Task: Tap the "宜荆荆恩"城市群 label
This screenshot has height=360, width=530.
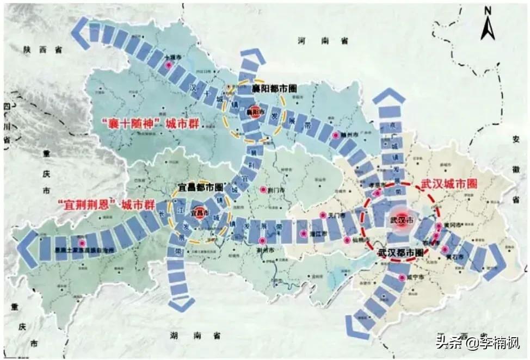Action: (x=103, y=206)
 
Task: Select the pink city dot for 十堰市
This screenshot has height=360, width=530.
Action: (x=169, y=64)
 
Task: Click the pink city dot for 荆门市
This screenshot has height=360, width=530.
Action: (x=263, y=190)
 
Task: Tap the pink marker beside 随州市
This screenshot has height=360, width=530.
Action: (x=336, y=134)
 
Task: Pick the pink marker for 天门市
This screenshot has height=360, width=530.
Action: (x=322, y=215)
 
